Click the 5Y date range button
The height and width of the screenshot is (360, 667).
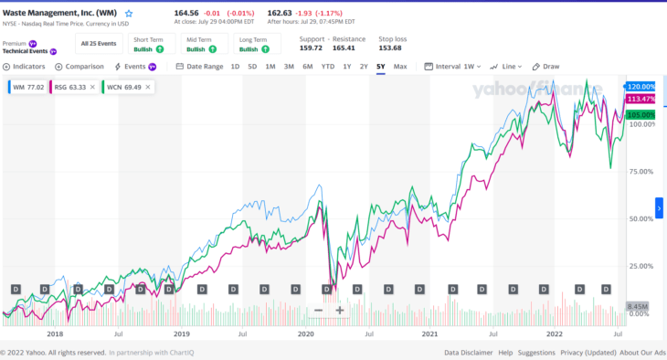(380, 67)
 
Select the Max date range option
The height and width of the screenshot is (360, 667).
(400, 67)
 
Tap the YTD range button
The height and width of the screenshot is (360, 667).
(328, 67)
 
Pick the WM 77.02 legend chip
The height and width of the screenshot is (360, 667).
(29, 87)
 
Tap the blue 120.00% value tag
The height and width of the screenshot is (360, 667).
(641, 86)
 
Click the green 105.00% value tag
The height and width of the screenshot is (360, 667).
(641, 115)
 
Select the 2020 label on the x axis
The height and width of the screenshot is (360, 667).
(305, 334)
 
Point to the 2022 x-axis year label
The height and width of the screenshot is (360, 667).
(555, 334)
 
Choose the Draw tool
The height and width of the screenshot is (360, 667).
(545, 67)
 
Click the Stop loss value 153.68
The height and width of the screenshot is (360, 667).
(391, 48)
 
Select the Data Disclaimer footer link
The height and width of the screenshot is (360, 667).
(469, 352)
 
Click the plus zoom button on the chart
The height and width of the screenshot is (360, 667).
(339, 310)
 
